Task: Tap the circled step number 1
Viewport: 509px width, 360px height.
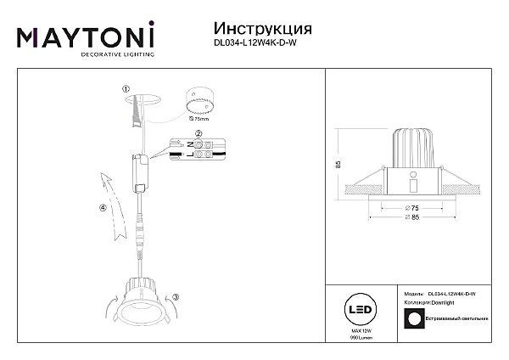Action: click(x=126, y=88)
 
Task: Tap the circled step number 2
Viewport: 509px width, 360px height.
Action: click(x=198, y=134)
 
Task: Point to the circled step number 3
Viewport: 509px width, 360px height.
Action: click(x=176, y=296)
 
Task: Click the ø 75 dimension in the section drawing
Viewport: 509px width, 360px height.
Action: click(x=411, y=206)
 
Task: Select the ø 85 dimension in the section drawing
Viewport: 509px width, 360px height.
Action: click(x=411, y=218)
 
